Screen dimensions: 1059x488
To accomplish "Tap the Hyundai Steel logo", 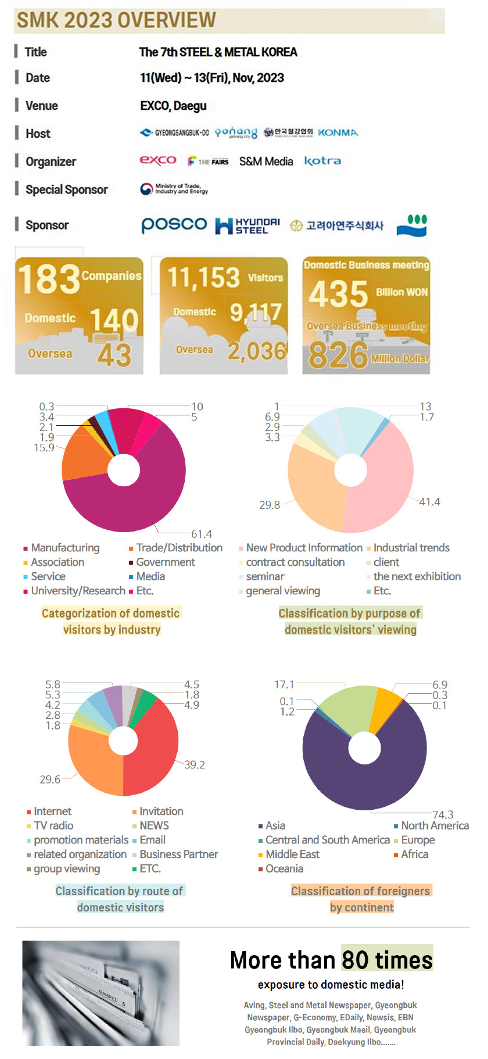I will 247,225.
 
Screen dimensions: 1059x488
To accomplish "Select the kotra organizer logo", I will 322,161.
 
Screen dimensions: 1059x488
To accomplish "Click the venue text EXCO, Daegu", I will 173,106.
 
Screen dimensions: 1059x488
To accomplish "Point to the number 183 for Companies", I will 49,279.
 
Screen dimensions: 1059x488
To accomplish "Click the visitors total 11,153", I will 204,278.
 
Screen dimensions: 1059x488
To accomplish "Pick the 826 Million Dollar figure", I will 338,354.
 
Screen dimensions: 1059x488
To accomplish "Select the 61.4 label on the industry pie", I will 202,534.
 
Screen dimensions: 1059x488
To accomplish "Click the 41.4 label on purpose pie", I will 429,501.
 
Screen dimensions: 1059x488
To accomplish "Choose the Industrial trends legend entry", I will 411,548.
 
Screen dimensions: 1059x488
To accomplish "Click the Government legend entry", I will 165,562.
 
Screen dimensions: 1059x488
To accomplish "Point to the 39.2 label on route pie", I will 194,764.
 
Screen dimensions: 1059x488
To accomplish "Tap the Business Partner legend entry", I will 178,855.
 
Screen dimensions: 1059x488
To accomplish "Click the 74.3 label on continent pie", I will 443,814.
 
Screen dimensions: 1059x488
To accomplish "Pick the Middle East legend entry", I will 292,855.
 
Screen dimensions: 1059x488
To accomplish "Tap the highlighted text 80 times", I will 387,960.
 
